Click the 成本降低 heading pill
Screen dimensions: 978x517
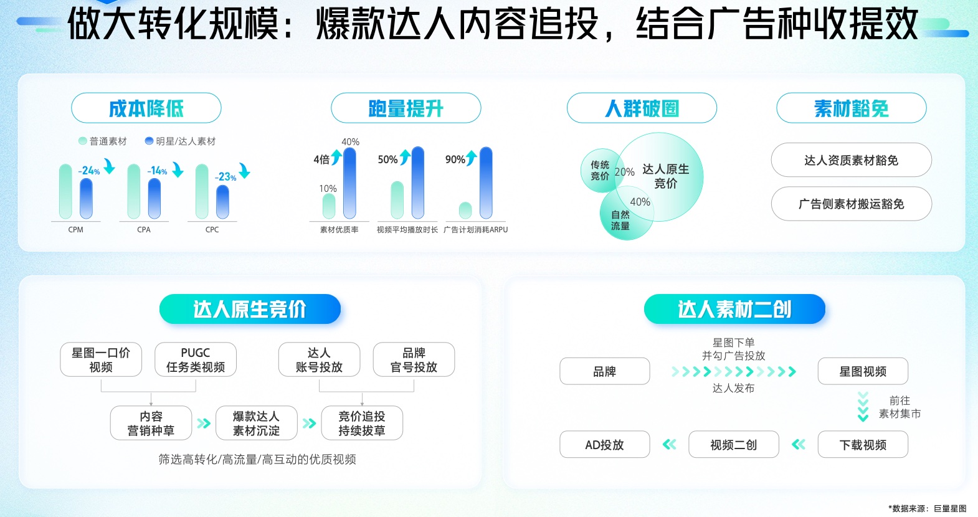point(146,108)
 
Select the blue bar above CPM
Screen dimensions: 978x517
point(86,199)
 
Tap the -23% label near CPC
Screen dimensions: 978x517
point(226,176)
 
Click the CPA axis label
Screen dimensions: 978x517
point(144,230)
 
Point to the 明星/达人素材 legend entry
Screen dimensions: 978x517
point(180,141)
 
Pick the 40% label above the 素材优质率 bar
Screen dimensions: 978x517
point(350,142)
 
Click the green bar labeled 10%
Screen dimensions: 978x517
point(329,206)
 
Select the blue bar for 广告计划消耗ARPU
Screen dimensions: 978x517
point(486,183)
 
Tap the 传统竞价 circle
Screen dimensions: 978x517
point(601,170)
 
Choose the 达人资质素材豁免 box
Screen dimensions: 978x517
point(852,160)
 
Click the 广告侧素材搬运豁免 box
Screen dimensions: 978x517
point(852,204)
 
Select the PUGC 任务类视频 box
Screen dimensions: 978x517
point(196,359)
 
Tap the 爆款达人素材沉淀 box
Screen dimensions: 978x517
point(256,423)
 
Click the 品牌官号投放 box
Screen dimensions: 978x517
point(414,359)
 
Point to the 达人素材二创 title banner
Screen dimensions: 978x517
point(734,309)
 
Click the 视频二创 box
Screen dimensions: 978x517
point(734,445)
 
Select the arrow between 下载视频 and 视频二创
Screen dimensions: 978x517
point(799,445)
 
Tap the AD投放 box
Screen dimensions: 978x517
point(605,445)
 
